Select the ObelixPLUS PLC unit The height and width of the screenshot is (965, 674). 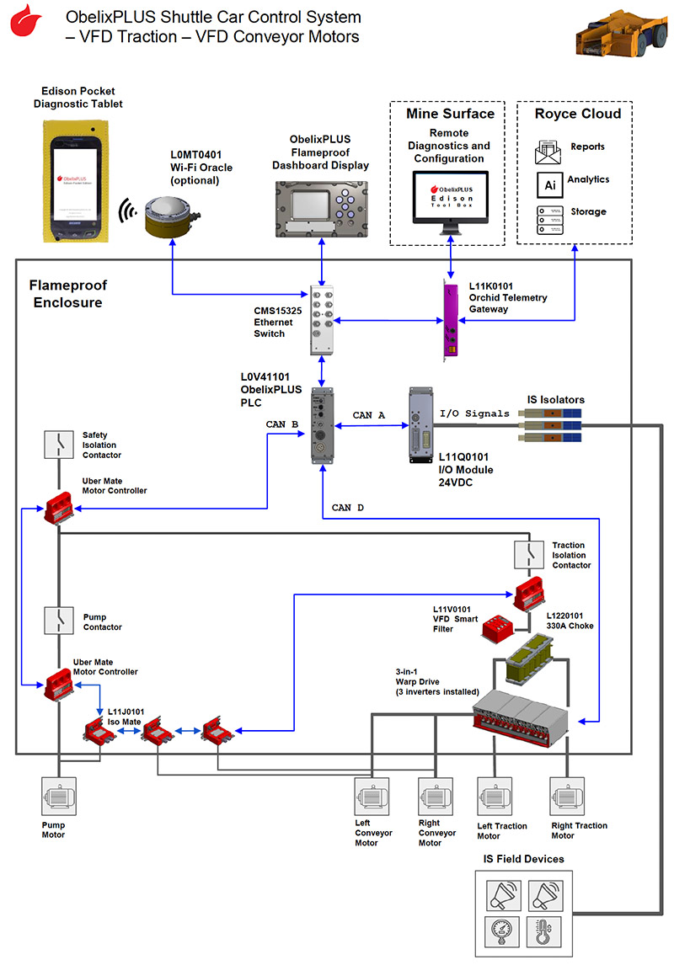coord(322,425)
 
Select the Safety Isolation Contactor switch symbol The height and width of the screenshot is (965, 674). coord(59,445)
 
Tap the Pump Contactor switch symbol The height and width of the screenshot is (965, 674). coord(59,621)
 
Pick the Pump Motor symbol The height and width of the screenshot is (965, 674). coord(59,796)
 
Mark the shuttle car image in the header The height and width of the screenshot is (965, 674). coord(616,33)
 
